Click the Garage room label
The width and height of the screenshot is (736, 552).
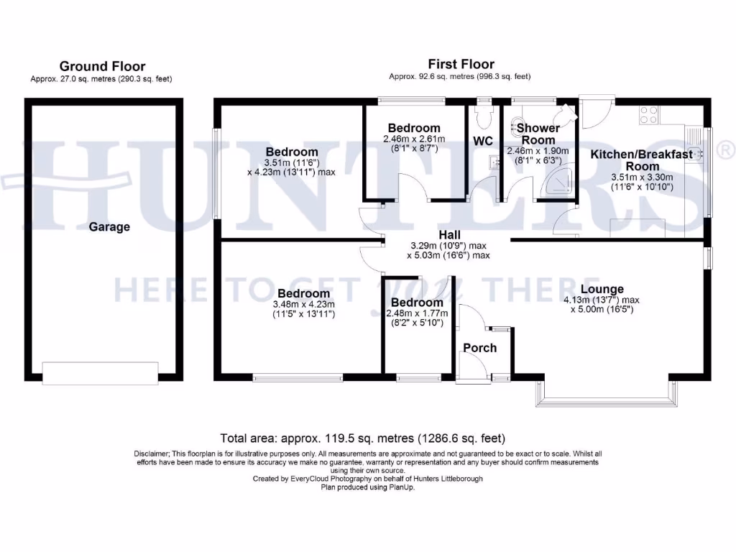click(x=109, y=227)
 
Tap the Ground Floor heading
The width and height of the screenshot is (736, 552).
click(x=102, y=66)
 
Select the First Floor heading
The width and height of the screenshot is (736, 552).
click(x=461, y=64)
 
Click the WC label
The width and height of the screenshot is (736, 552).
click(x=483, y=141)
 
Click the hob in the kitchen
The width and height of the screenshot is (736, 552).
click(x=649, y=115)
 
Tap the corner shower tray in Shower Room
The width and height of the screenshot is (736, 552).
click(x=561, y=185)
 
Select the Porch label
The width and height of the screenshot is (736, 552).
click(x=479, y=348)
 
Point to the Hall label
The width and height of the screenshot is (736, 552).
click(x=450, y=235)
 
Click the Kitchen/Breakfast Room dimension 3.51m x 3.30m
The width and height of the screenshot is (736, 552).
click(x=641, y=178)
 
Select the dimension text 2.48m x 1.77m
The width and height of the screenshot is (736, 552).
click(x=416, y=313)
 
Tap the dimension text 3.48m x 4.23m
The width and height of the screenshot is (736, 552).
click(x=304, y=304)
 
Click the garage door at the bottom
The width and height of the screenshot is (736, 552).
click(x=100, y=373)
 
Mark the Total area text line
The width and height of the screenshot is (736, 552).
click(x=362, y=438)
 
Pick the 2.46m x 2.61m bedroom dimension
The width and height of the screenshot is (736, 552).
click(x=414, y=139)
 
